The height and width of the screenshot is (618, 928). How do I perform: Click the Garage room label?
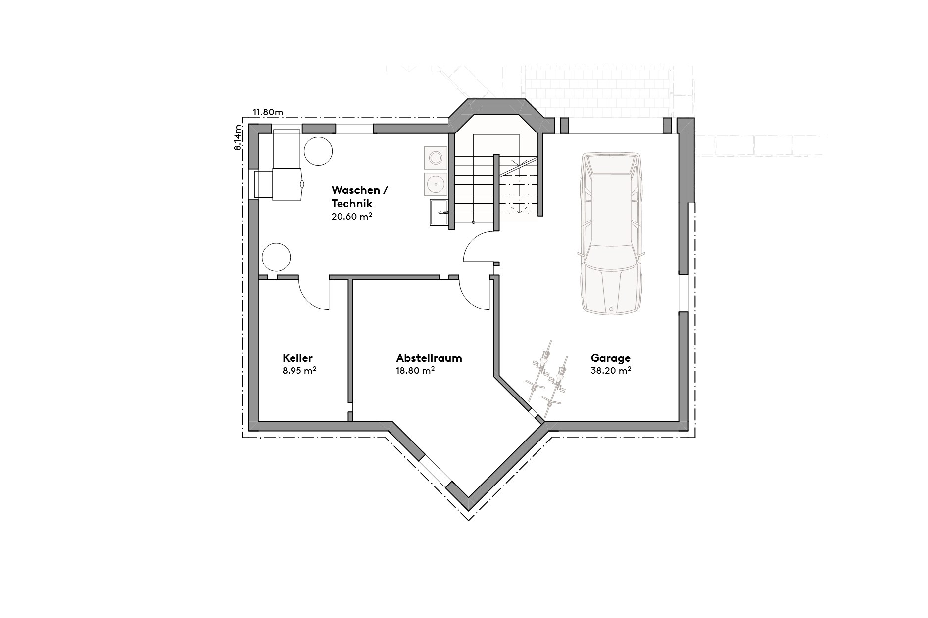610,358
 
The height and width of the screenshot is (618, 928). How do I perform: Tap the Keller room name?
297,358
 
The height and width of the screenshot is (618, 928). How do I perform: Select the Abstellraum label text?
429,358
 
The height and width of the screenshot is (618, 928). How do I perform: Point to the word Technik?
351,203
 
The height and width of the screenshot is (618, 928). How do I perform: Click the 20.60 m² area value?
351,216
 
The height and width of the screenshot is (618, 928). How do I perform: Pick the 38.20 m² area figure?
610,370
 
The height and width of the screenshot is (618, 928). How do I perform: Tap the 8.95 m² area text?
299,370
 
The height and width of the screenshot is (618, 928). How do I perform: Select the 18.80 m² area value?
415,370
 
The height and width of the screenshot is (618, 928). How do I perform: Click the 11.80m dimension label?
268,112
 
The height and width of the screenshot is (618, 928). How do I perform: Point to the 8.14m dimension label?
239,137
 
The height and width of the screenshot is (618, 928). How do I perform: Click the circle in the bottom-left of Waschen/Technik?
276,257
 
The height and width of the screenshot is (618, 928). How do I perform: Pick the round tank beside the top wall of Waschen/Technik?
318,151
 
